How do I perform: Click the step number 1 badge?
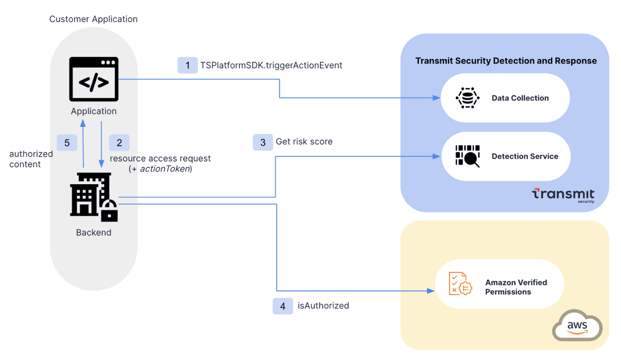pos(188,65)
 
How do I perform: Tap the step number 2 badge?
pos(119,143)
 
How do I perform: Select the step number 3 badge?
pos(263,143)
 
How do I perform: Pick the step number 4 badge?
pos(283,306)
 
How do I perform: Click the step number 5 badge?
pos(67,143)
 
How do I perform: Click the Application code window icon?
pos(94,79)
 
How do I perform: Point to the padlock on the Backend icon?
pos(109,211)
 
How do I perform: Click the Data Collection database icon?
pos(468,98)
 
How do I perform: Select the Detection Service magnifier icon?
pos(468,156)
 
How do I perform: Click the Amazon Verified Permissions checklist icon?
pos(460,284)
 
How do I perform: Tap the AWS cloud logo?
pos(577,326)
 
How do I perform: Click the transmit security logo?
pos(563,195)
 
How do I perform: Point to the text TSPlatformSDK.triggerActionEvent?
pos(271,65)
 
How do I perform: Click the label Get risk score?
pos(304,142)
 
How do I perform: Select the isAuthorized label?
pos(323,306)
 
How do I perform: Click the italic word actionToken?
pos(165,169)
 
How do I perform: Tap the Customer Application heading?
pos(93,19)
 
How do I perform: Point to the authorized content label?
pos(31,159)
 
